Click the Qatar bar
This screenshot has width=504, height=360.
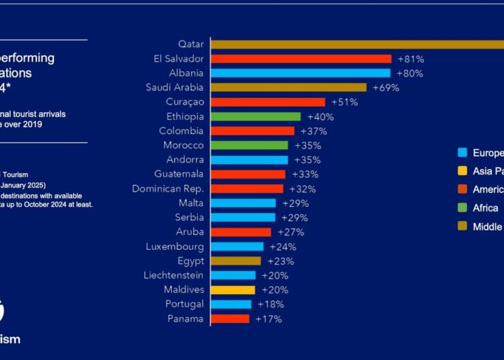point(356,44)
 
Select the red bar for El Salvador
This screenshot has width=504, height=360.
point(301,59)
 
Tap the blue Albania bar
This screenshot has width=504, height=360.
point(300,73)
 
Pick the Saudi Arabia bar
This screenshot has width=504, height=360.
point(288,87)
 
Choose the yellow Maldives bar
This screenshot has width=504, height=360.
point(233,290)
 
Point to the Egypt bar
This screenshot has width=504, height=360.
point(236,261)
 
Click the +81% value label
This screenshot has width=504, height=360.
point(411,59)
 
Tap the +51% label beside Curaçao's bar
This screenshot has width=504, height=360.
point(344,102)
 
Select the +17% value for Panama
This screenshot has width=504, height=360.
point(268,319)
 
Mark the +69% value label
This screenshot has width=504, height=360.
point(386,87)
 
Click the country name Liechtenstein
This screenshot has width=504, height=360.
point(173,275)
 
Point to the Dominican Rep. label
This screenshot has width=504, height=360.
point(167,189)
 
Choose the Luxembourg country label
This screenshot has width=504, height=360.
point(174,246)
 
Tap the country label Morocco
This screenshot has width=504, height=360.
point(183,145)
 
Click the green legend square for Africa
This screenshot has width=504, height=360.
point(462,208)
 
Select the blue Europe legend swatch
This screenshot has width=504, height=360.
point(462,152)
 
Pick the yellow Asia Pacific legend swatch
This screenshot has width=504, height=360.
point(462,171)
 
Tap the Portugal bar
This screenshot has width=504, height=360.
point(231,304)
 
